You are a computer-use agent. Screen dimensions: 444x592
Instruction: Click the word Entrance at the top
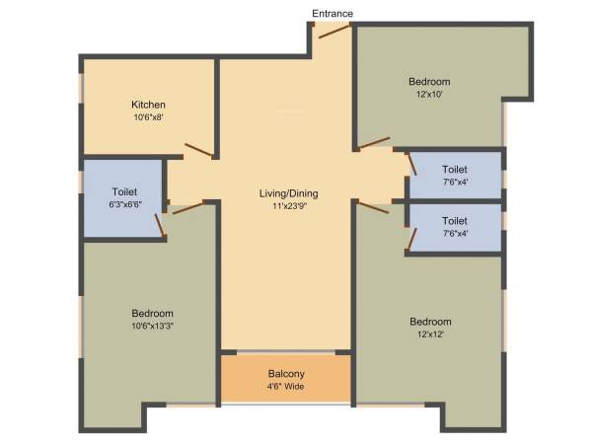[x=333, y=13]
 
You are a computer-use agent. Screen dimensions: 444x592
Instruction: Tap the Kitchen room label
[x=148, y=105]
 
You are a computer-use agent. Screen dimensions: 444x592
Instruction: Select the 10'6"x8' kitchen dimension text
[x=148, y=117]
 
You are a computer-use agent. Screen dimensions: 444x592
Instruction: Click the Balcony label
[x=286, y=374]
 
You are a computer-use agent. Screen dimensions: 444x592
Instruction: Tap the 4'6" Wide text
[x=286, y=387]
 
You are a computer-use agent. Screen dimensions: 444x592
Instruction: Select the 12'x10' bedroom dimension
[x=429, y=94]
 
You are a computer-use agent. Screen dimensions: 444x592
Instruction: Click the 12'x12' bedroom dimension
[x=430, y=334]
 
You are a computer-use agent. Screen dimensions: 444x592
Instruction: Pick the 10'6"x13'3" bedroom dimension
[x=145, y=326]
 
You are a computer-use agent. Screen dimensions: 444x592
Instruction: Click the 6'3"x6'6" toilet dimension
[x=124, y=204]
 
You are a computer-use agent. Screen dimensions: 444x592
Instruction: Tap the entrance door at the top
[x=333, y=33]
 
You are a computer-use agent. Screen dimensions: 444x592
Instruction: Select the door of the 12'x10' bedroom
[x=374, y=146]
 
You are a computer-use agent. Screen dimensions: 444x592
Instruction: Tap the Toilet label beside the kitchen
[x=124, y=191]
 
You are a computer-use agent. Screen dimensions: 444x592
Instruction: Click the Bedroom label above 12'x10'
[x=429, y=81]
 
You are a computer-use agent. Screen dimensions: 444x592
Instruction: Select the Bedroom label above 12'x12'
[x=430, y=322]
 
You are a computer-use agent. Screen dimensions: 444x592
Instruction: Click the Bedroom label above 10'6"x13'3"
[x=145, y=313]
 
